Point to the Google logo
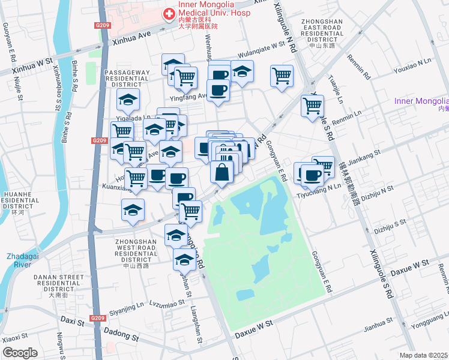tap(20, 353)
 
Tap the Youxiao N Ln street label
tap(412, 61)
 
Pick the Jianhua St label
tap(378, 328)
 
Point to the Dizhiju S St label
tap(390, 226)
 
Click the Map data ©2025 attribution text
tap(424, 355)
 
